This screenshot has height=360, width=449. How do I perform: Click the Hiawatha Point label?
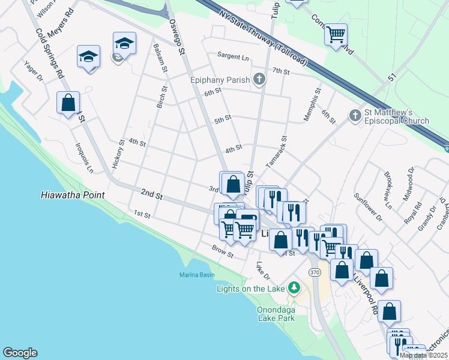click(x=73, y=195)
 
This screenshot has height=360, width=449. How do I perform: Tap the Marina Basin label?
click(x=197, y=275)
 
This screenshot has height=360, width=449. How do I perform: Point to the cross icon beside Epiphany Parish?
click(x=259, y=79)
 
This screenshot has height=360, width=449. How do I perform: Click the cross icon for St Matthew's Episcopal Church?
click(x=355, y=115)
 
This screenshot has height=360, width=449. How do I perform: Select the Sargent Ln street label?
click(x=233, y=58)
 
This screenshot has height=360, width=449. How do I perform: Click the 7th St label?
click(x=280, y=71)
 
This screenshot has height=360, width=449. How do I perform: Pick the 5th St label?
click(x=223, y=119)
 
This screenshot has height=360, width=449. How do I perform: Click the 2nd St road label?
click(x=152, y=196)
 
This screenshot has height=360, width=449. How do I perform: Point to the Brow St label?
click(x=222, y=251)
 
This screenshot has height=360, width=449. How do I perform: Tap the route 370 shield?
click(x=315, y=272)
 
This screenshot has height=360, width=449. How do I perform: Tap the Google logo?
click(x=20, y=353)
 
